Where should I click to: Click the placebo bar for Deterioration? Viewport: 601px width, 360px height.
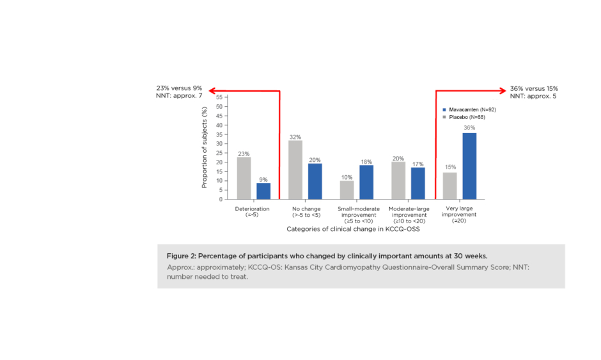click(244, 178)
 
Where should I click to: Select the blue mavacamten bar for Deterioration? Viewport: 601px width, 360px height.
click(263, 191)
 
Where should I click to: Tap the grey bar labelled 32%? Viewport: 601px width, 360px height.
click(295, 170)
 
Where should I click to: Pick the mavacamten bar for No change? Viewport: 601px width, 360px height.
click(315, 181)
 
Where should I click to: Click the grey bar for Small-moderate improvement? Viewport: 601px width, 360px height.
click(347, 190)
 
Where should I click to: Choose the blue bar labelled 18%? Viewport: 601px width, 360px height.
click(366, 182)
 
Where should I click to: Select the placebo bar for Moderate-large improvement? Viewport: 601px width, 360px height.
click(398, 180)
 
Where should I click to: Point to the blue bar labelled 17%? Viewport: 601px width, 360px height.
click(418, 184)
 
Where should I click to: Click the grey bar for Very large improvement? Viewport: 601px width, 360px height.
click(449, 185)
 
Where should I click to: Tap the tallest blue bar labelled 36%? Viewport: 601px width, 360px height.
click(469, 166)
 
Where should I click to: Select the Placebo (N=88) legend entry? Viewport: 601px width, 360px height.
click(467, 118)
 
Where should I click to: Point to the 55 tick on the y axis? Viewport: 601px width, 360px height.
click(219, 97)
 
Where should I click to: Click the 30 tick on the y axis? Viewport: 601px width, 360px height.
click(219, 144)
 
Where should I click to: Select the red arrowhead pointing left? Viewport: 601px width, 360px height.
click(214, 91)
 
